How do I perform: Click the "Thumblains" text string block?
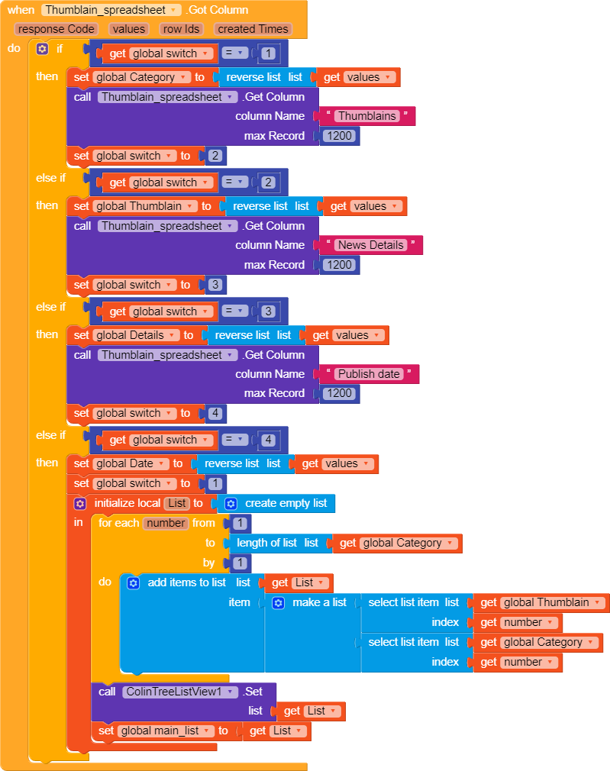(x=367, y=116)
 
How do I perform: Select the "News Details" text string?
(x=371, y=245)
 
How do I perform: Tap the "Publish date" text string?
(x=369, y=374)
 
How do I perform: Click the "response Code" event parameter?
(x=56, y=29)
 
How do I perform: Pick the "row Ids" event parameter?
(x=181, y=29)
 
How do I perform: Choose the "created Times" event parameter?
(x=253, y=29)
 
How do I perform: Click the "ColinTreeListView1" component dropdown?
(x=180, y=692)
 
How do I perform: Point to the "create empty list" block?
(x=276, y=504)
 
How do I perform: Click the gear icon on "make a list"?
(x=278, y=603)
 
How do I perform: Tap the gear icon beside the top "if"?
(x=42, y=49)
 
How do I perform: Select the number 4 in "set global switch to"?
(x=215, y=414)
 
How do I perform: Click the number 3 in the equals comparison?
(x=268, y=311)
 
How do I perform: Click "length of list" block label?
(x=266, y=543)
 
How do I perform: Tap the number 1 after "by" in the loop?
(x=240, y=563)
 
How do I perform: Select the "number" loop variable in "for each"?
(x=166, y=523)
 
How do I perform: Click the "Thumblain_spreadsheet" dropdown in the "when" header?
(x=111, y=10)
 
